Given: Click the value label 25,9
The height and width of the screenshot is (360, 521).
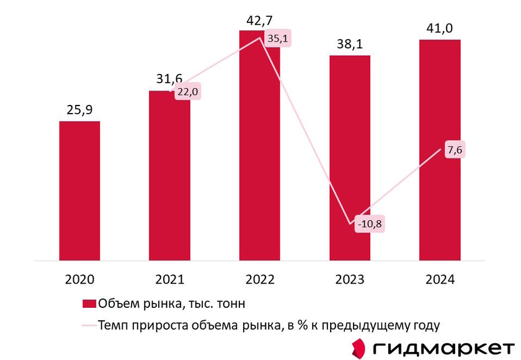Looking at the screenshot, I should click(x=79, y=110).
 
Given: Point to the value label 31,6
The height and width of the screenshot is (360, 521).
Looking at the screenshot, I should click(x=169, y=79).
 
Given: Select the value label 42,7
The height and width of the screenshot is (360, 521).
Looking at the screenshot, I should click(x=259, y=20).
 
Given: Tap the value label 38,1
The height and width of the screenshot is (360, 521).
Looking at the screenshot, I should click(x=349, y=45).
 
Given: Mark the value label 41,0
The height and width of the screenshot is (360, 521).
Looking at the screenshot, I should click(x=439, y=29).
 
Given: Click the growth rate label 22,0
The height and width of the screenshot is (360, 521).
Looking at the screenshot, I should click(x=188, y=91).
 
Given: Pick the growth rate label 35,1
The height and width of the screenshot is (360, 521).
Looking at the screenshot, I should click(x=278, y=38).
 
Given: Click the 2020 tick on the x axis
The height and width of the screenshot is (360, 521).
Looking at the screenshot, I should click(x=79, y=279).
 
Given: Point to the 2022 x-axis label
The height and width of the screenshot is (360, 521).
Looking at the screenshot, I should click(x=259, y=279).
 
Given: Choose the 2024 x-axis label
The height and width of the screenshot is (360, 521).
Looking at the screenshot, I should click(x=439, y=279).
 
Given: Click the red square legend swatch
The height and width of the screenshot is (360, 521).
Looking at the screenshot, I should click(x=89, y=304).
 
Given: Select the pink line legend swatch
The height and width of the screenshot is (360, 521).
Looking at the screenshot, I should click(x=89, y=325).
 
